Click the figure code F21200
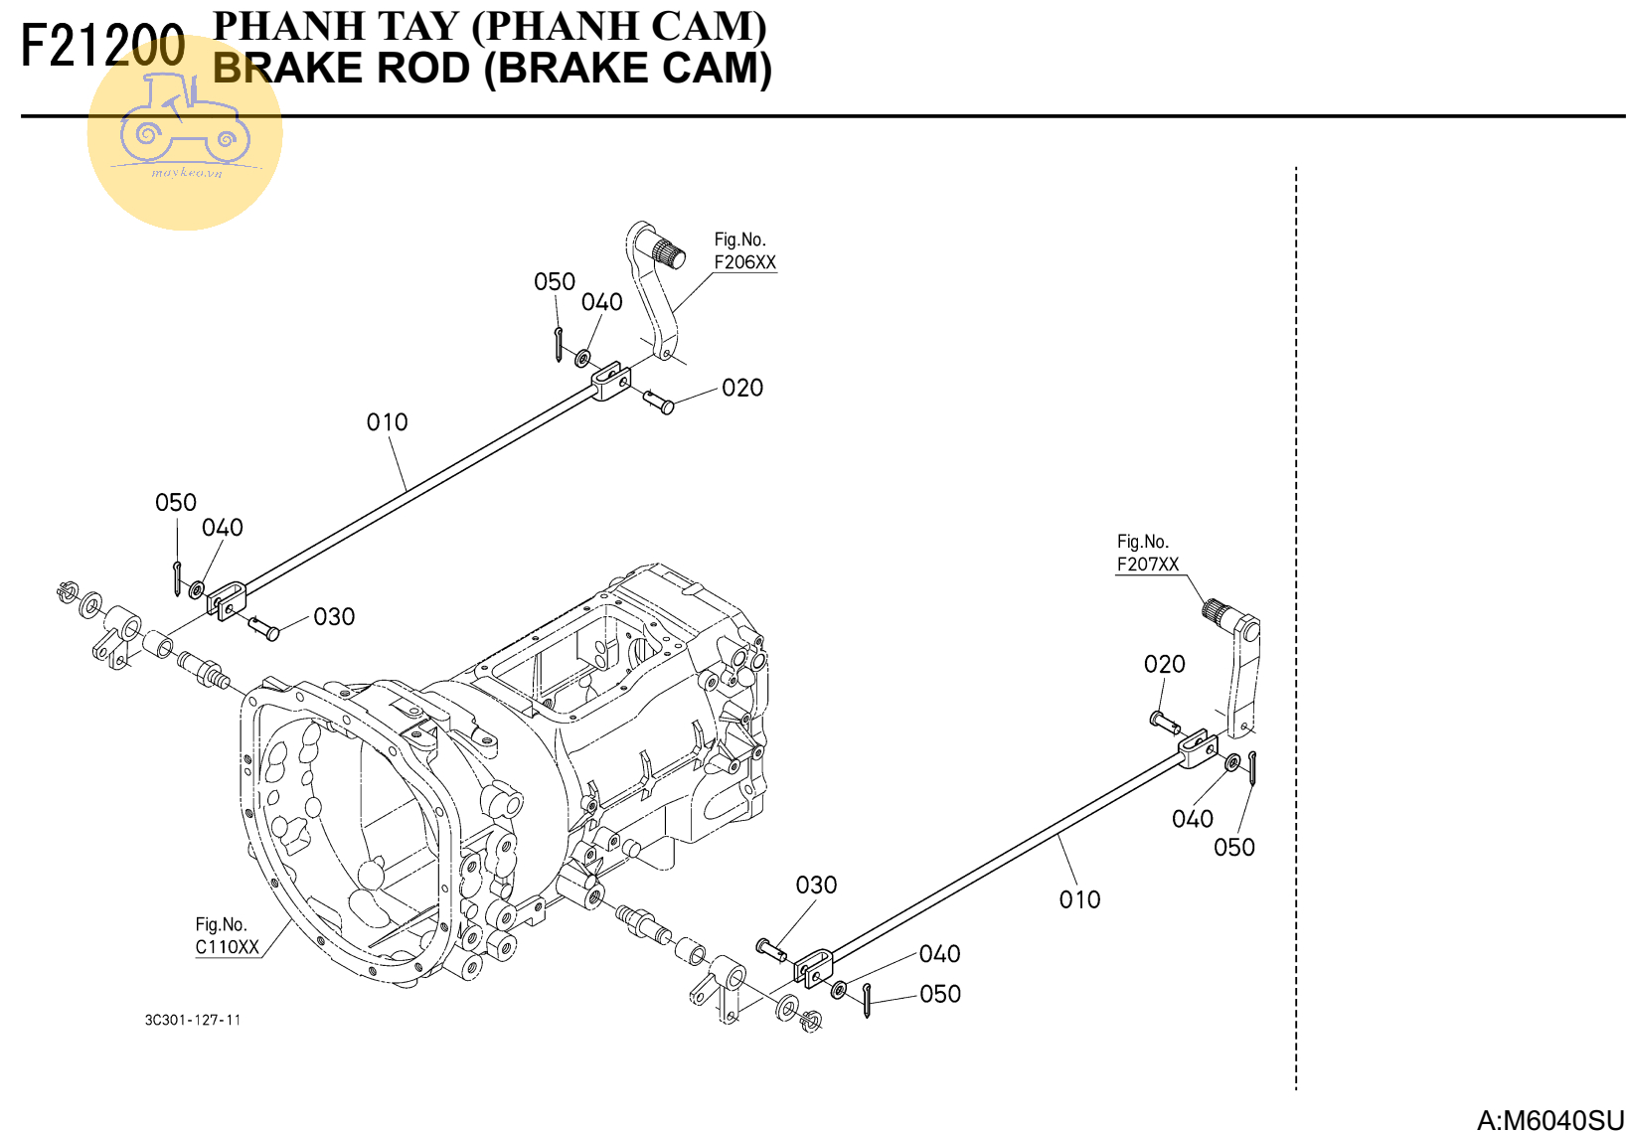pos(102,46)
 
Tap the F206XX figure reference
pos(744,262)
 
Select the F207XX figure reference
pos(1147,565)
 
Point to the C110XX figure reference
pos(227,947)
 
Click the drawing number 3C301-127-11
pos(193,1020)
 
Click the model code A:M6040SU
pos(1549,1120)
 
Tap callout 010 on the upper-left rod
pos(387,422)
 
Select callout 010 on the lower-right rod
pos(1079,899)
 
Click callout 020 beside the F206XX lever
pos(742,388)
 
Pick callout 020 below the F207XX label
pos(1164,664)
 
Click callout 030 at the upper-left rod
pos(334,617)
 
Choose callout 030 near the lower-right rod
pos(816,885)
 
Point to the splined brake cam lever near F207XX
pos(1238,666)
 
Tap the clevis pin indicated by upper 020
pos(658,402)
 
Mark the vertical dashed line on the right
pos(1296,626)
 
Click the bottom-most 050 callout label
pos(939,994)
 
